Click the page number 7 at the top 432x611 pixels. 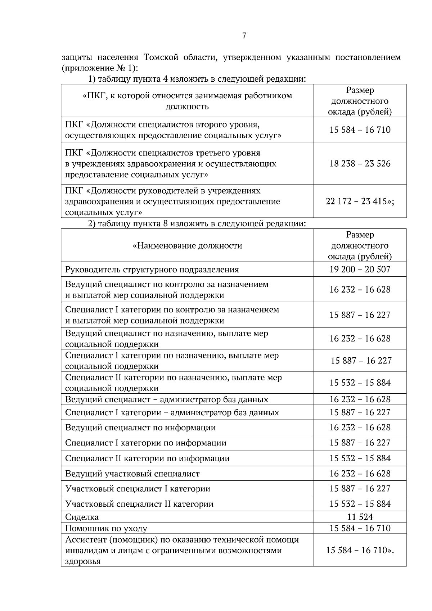pyautogui.click(x=244, y=36)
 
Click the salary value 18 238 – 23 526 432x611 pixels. pyautogui.click(x=360, y=164)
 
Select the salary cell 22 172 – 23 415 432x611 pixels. pyautogui.click(x=360, y=202)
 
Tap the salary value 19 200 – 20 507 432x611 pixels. pyautogui.click(x=360, y=270)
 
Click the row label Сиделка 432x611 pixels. pyautogui.click(x=82, y=517)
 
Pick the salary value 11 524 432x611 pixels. pyautogui.click(x=360, y=517)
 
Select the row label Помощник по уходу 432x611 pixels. pyautogui.click(x=106, y=528)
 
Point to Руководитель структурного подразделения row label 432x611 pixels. pyautogui.click(x=152, y=270)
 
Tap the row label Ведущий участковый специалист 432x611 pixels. pyautogui.click(x=132, y=474)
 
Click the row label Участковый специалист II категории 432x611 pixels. pyautogui.click(x=139, y=504)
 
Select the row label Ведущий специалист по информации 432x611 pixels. pyautogui.click(x=140, y=427)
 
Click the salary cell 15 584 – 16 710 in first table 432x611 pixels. pyautogui.click(x=360, y=130)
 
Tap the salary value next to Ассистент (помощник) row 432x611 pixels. pyautogui.click(x=360, y=550)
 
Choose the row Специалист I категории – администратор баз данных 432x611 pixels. pyautogui.click(x=172, y=412)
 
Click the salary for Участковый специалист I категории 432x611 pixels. pyautogui.click(x=360, y=489)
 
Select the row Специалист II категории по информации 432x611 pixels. pyautogui.click(x=147, y=458)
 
